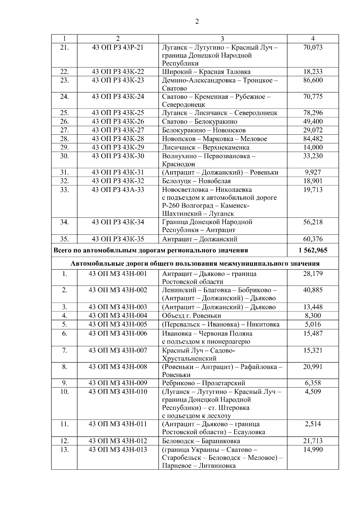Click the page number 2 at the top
(197, 22)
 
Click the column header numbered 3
(222, 39)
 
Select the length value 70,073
(313, 47)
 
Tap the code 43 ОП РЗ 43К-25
(118, 113)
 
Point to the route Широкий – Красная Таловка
(206, 72)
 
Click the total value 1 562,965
(313, 250)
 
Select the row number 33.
(64, 190)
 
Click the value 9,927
(313, 172)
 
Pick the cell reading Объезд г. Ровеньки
(191, 316)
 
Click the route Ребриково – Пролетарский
(203, 383)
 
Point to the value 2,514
(313, 424)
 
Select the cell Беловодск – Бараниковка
(201, 441)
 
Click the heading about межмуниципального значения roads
(195, 264)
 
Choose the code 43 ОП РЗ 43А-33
(118, 190)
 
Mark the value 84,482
(313, 139)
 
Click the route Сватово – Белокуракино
(199, 122)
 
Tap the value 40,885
(313, 290)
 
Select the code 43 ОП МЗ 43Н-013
(118, 450)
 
